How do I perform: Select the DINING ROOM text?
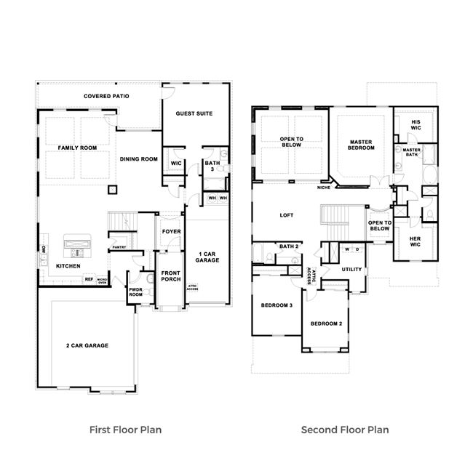point(138,159)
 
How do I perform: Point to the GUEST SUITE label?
point(194,113)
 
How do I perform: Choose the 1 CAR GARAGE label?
point(204,257)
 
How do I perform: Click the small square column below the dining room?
point(112,190)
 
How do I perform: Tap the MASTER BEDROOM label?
point(361,145)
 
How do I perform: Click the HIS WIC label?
point(416,125)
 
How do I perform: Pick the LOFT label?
point(287,215)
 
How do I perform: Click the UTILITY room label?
point(352,269)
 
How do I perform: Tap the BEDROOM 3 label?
point(277,305)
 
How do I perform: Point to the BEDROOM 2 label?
point(326,324)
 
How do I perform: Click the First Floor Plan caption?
point(125,430)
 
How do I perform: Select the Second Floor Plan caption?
point(345,430)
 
